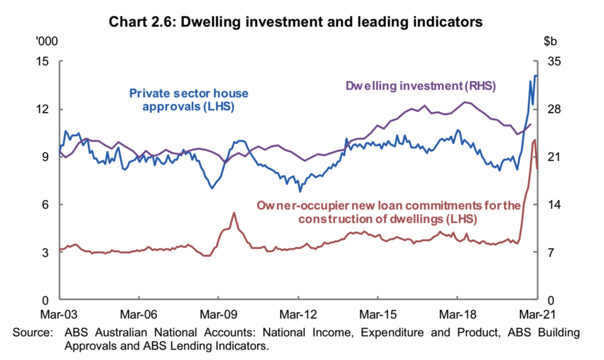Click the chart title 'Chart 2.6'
pyautogui.click(x=144, y=23)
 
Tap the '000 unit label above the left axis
pyautogui.click(x=44, y=42)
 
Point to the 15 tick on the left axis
pyautogui.click(x=44, y=62)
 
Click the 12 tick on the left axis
pyautogui.click(x=44, y=109)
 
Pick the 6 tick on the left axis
pyautogui.click(x=48, y=204)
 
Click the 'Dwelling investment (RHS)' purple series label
pyautogui.click(x=421, y=86)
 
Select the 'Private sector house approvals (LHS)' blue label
pyautogui.click(x=188, y=99)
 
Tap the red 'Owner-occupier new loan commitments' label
pyautogui.click(x=388, y=212)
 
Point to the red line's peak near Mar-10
pyautogui.click(x=234, y=212)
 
